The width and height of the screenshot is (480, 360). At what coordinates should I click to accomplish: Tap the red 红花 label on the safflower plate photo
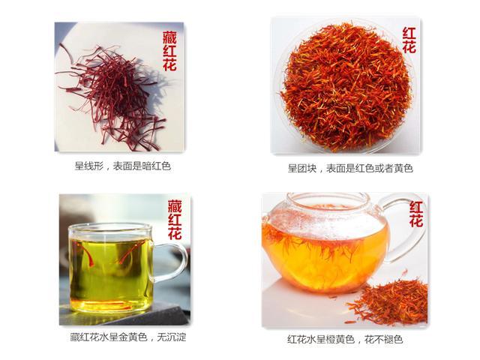point(408,40)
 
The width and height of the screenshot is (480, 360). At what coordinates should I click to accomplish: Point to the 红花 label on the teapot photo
point(415,214)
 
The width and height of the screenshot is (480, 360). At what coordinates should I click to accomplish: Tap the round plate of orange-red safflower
point(346,86)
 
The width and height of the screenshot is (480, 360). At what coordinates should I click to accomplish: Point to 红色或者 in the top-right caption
point(369,168)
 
